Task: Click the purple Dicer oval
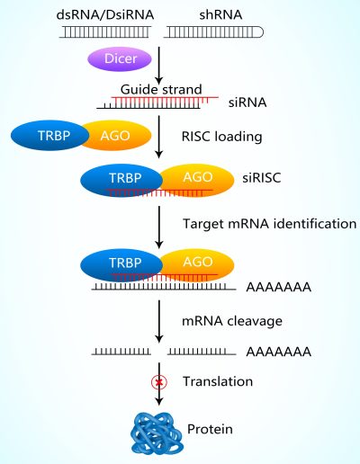(120, 58)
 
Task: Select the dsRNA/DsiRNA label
(105, 15)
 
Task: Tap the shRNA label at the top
(220, 15)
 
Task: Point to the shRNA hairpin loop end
(260, 32)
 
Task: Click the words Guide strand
(161, 89)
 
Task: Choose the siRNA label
(247, 103)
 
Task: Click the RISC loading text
(222, 137)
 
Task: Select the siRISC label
(262, 178)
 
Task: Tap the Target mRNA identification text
(269, 224)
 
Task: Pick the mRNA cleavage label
(232, 321)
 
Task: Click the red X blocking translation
(159, 382)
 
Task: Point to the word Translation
(218, 381)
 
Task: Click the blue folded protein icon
(157, 433)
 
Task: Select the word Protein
(210, 429)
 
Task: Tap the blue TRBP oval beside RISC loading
(49, 136)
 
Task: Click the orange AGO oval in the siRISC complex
(197, 180)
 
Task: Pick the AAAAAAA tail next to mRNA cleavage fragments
(279, 352)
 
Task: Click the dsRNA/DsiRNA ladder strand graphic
(105, 32)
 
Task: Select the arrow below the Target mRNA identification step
(159, 321)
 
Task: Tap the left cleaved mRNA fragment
(121, 352)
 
